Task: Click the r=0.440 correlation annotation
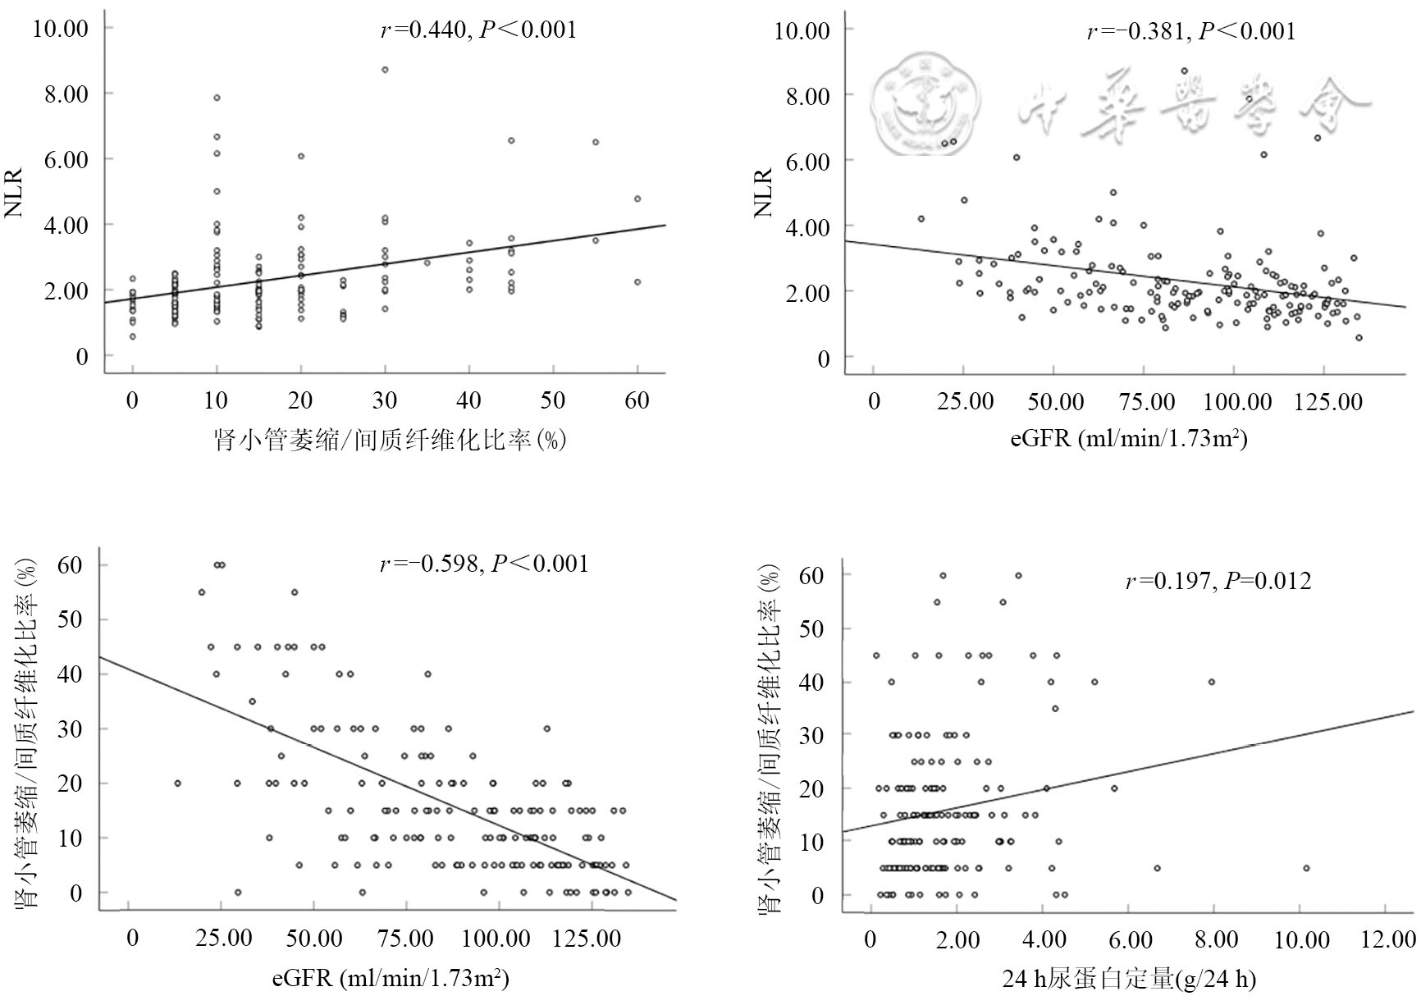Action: (x=478, y=30)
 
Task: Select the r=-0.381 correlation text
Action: (x=1191, y=32)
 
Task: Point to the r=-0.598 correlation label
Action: (x=484, y=564)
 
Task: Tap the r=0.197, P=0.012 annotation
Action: (x=1218, y=582)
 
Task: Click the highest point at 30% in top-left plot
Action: (x=385, y=70)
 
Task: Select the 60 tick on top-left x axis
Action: (x=637, y=401)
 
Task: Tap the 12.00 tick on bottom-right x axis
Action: (x=1388, y=940)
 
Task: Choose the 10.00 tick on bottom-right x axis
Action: (x=1302, y=940)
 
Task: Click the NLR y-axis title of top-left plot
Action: (x=15, y=194)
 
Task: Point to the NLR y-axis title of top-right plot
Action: (x=764, y=194)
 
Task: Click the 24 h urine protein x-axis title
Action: (x=1129, y=979)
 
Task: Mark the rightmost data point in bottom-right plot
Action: (x=1306, y=868)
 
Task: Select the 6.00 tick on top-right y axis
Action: (x=808, y=161)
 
